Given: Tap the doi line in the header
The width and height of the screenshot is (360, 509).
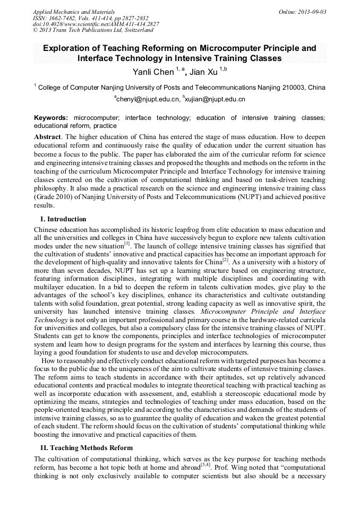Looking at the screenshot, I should (96, 24).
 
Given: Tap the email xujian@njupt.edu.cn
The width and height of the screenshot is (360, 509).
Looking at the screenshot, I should (215, 99).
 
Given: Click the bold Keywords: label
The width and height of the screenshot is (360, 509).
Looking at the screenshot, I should (53, 117).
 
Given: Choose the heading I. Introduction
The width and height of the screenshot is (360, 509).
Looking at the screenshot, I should (63, 219).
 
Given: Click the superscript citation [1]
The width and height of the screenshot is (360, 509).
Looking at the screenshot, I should (127, 244).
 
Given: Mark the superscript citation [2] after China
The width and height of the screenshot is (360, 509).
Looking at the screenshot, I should (225, 260).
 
